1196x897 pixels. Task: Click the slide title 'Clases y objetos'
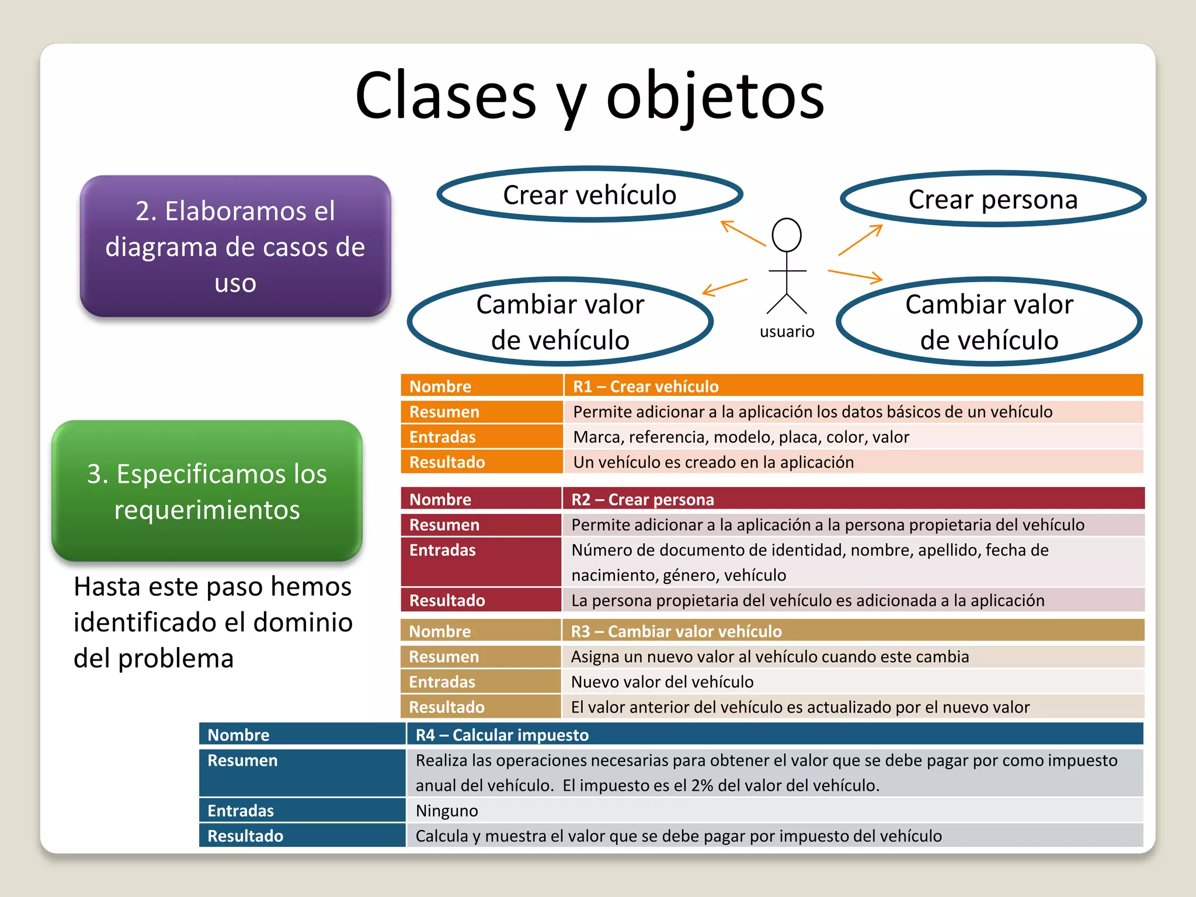point(590,96)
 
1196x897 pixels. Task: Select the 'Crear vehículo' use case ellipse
point(590,194)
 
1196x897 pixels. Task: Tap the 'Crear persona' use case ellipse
point(993,199)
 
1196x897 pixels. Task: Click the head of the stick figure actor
point(787,235)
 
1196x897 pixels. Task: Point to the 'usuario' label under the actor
point(787,332)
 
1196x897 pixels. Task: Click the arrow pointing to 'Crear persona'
point(860,240)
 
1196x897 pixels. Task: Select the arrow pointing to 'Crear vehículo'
point(743,233)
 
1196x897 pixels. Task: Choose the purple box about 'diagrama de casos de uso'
point(235,246)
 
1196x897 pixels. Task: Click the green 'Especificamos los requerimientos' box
point(207,491)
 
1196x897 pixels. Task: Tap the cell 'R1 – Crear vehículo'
point(646,387)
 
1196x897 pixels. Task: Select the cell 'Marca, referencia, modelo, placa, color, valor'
point(741,437)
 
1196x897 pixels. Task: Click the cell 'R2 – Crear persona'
point(642,500)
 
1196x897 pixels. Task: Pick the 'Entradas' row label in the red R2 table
point(443,550)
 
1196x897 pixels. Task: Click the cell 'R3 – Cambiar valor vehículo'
point(676,631)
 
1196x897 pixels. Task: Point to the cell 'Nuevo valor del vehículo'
point(662,682)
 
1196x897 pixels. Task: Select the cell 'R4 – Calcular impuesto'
point(502,735)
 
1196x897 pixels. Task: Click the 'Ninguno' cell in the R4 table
point(447,811)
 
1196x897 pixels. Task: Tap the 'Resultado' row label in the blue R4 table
point(245,836)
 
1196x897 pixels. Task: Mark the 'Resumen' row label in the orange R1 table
point(444,412)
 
